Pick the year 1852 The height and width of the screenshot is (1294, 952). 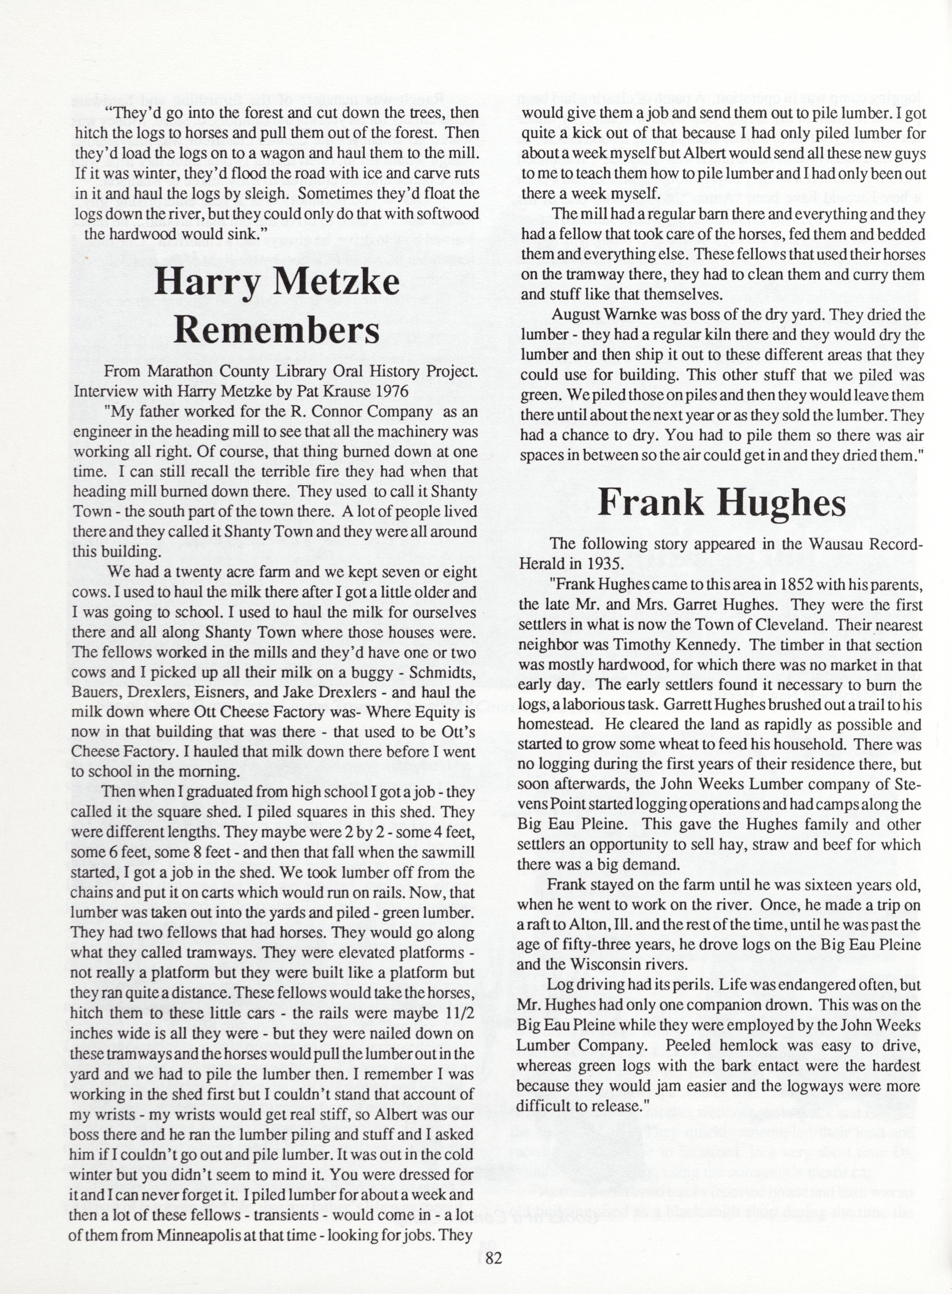click(796, 584)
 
